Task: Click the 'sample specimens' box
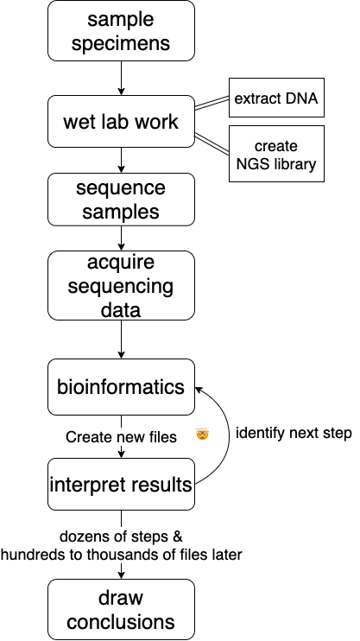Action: (x=122, y=31)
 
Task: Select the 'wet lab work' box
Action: (x=122, y=122)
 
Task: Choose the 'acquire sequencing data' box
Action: (x=122, y=286)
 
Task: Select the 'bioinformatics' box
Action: (x=122, y=387)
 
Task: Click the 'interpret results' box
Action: (x=122, y=485)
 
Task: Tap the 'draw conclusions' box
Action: (x=122, y=609)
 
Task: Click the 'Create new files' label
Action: (x=121, y=437)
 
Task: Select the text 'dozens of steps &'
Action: (x=121, y=536)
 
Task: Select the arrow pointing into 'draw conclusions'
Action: (x=122, y=570)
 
